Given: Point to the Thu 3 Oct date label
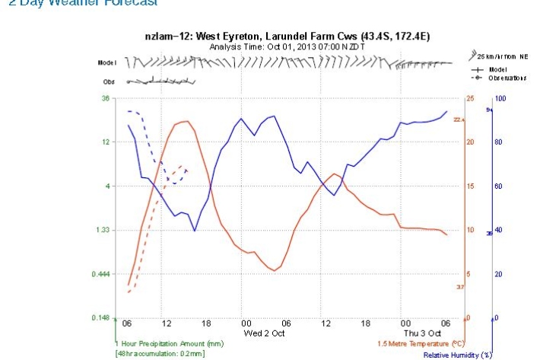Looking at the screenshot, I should click(x=421, y=333).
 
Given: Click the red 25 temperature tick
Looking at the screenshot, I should click(x=470, y=98).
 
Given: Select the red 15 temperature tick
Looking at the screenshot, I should click(x=469, y=186).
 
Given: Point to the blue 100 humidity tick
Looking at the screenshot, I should click(x=500, y=98).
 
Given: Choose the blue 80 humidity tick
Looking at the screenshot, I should click(x=498, y=142).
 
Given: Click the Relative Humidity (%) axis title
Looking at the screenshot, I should click(x=458, y=355).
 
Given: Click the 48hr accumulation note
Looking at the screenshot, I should click(x=160, y=354).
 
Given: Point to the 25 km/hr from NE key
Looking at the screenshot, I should click(x=501, y=57).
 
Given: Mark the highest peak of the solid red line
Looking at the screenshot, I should click(x=185, y=121).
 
